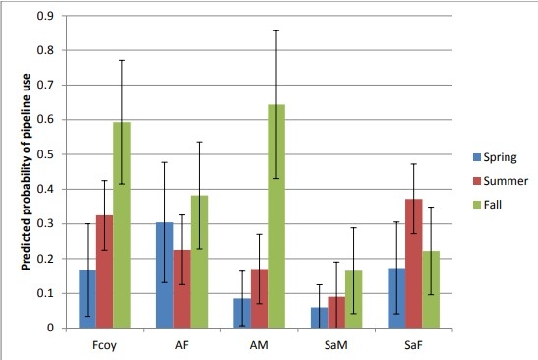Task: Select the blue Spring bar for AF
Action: click(164, 275)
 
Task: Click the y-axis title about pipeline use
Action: click(13, 172)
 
